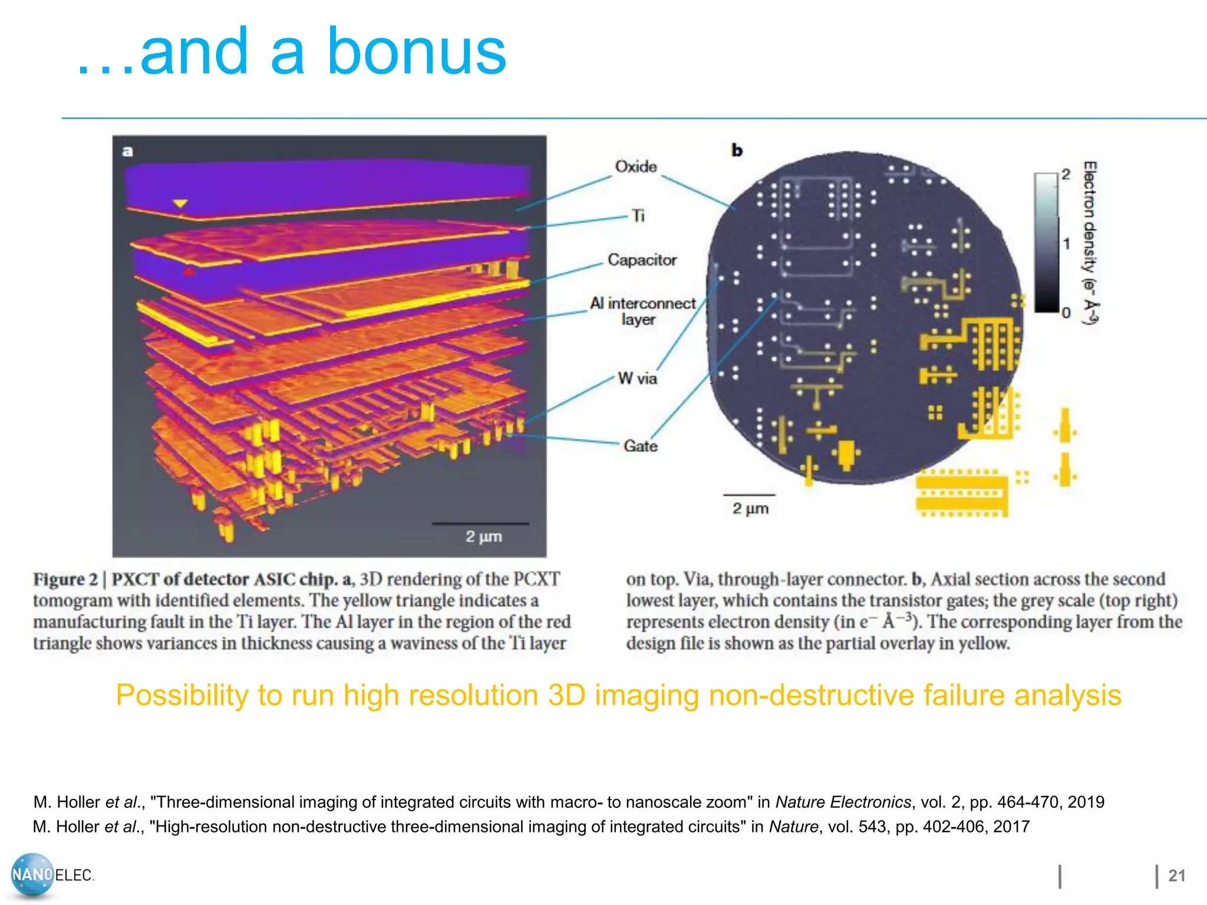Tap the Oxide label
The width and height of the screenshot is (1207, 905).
pos(635,167)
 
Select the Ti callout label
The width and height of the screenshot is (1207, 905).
pos(638,216)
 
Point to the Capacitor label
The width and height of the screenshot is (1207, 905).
pos(642,260)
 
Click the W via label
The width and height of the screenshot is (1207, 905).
pos(637,378)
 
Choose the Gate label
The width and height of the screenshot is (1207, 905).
pos(640,446)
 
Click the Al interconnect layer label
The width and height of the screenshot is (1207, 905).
pos(642,311)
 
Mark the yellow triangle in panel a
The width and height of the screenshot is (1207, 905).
pos(180,204)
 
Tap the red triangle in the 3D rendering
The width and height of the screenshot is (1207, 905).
pos(188,272)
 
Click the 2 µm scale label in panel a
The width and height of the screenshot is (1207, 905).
pos(483,537)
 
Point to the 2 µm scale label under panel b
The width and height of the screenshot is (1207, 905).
pos(750,508)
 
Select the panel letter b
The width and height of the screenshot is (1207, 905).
pos(737,151)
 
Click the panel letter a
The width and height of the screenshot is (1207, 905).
pos(127,151)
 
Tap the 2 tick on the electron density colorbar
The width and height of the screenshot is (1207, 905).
pos(1066,174)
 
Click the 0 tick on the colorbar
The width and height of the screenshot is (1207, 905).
pos(1066,313)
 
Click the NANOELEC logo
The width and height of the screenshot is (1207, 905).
pos(52,875)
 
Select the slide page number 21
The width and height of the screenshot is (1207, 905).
pos(1176,876)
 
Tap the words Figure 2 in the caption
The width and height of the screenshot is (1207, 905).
pos(65,579)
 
